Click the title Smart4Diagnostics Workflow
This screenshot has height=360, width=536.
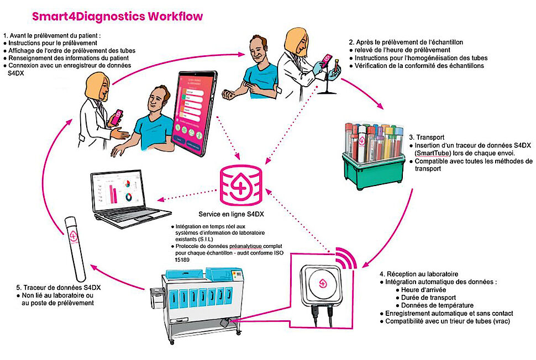pos(117,16)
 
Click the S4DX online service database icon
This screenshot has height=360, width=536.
pos(239,186)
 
